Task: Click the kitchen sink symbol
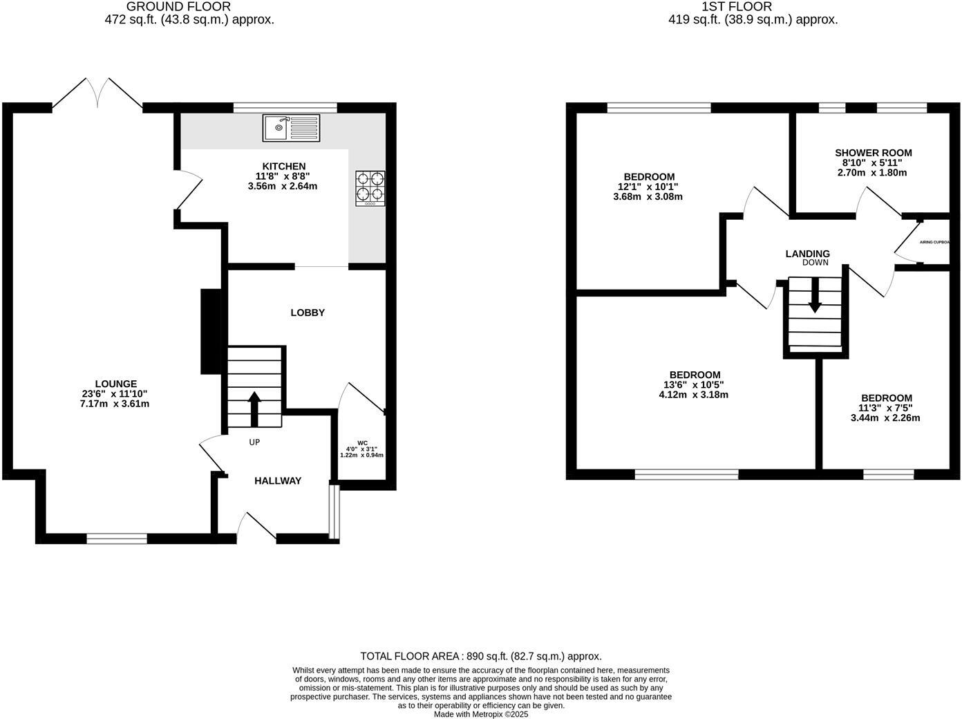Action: click(291, 128)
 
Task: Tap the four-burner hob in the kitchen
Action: click(370, 188)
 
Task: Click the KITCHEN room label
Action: click(283, 167)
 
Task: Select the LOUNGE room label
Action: click(116, 384)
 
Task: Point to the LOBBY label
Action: click(308, 313)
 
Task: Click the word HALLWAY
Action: click(278, 481)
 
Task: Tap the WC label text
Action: click(362, 442)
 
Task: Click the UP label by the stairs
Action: click(254, 442)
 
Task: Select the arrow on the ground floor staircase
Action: click(254, 408)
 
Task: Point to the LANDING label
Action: click(807, 254)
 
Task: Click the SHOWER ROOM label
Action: click(873, 153)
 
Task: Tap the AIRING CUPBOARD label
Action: click(934, 243)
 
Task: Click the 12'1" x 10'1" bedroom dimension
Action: click(648, 187)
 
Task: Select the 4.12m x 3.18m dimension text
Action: click(693, 395)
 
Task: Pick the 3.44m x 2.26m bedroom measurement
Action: click(886, 418)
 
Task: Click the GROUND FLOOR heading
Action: click(178, 7)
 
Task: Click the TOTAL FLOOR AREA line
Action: click(480, 656)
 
